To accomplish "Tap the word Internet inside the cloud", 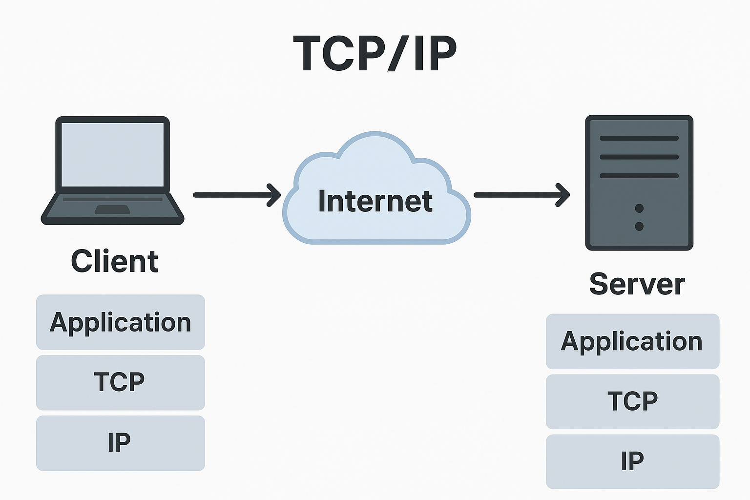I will click(375, 201).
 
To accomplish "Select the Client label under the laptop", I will click(115, 261).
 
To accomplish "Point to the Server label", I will click(637, 284).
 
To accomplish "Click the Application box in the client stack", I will click(121, 322).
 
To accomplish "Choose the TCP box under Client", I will click(121, 382).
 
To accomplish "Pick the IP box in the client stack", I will click(121, 443).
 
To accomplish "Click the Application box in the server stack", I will click(632, 341).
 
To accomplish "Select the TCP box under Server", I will click(632, 401).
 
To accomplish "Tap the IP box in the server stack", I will click(632, 461).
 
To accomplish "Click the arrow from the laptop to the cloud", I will click(234, 195).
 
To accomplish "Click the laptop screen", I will click(112, 154).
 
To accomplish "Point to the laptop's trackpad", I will click(112, 209).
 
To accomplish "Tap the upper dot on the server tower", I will click(639, 208).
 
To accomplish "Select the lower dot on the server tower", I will click(639, 226).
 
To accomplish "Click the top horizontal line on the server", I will click(639, 138).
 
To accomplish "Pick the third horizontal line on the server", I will click(639, 176).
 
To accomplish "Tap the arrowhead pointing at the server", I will click(564, 195).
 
